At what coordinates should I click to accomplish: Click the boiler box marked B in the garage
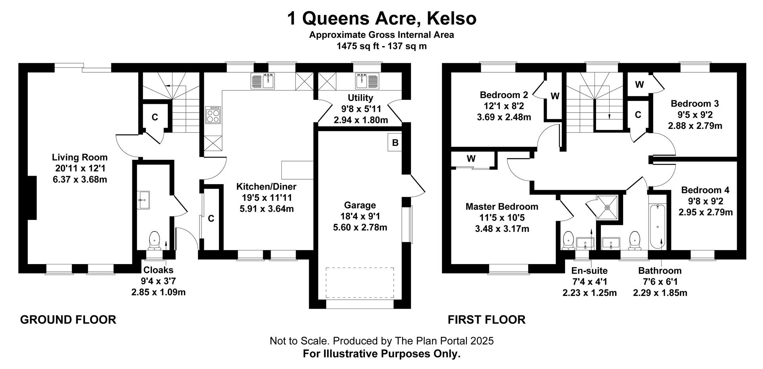click(x=395, y=142)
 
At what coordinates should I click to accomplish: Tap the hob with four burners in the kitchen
click(x=213, y=115)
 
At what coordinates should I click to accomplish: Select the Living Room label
click(x=80, y=157)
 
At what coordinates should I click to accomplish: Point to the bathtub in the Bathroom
click(x=658, y=227)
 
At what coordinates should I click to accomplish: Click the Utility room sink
click(x=367, y=81)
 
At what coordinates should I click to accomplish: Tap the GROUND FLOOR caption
click(x=68, y=320)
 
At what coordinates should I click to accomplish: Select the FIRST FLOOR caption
click(x=487, y=320)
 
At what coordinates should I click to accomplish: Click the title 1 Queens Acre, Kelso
click(x=381, y=18)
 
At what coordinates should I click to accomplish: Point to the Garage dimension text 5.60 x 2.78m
click(x=360, y=227)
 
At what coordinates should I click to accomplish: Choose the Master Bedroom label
click(x=502, y=207)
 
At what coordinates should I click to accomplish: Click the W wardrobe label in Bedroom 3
click(x=639, y=84)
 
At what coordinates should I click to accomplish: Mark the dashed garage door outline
click(x=360, y=283)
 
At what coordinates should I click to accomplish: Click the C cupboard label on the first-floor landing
click(x=638, y=115)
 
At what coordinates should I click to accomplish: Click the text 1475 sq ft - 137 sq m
click(x=381, y=46)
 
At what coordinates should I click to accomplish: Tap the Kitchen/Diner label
click(x=267, y=186)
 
